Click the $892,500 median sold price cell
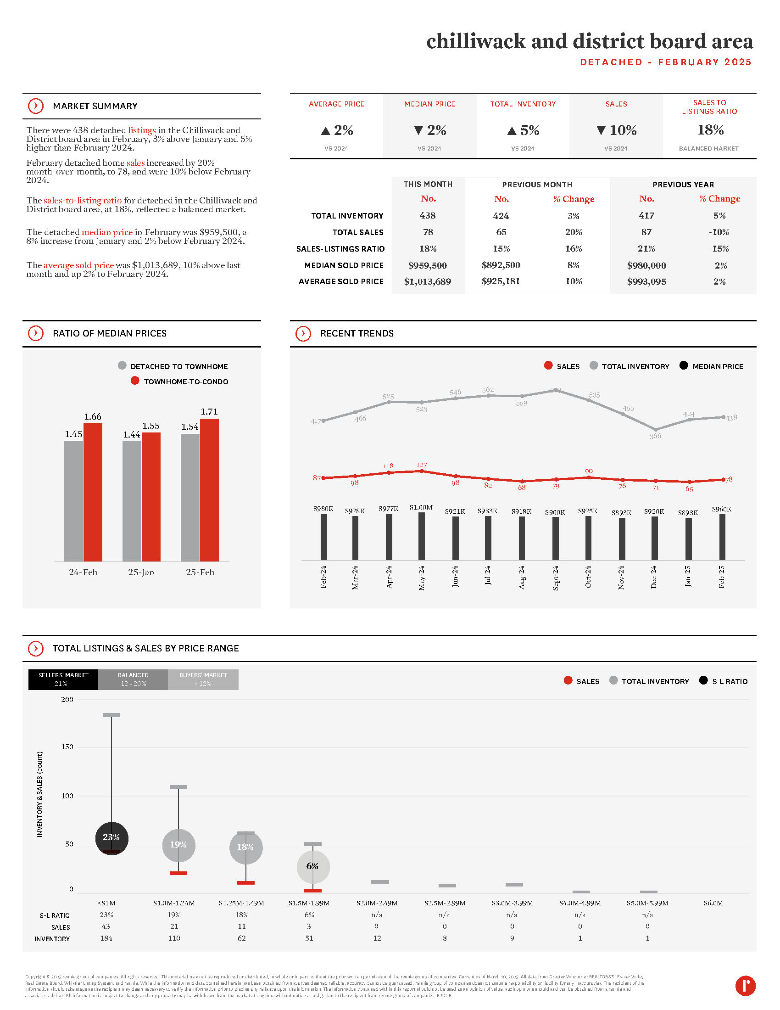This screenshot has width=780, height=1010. pos(501,265)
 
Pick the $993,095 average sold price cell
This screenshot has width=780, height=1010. pos(646,281)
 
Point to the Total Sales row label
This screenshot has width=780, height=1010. pos(358,232)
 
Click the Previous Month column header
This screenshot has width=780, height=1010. pos(537,185)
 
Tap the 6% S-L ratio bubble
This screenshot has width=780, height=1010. pos(313,866)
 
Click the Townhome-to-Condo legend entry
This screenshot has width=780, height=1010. pos(185,382)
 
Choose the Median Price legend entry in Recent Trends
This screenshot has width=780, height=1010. pos(717,366)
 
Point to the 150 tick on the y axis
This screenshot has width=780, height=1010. pos(67,747)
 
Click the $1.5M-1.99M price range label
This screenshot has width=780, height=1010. pos(309,903)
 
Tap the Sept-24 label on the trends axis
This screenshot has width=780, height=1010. pos(556,577)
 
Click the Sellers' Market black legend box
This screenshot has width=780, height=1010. pos(63,679)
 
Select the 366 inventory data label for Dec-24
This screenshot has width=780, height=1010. pos(655,436)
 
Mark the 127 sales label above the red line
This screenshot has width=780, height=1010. pos(421,464)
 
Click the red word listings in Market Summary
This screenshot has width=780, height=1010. pos(141,130)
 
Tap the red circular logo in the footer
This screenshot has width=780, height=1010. pos(745,986)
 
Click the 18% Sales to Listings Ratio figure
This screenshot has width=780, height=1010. pos(710,130)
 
